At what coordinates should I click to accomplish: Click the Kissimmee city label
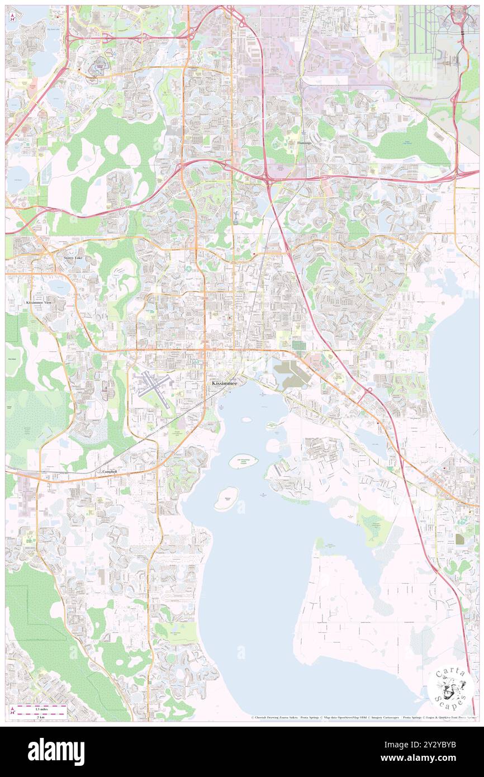pyautogui.click(x=225, y=383)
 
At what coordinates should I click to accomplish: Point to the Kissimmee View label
pyautogui.click(x=39, y=302)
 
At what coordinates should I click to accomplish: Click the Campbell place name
pyautogui.click(x=110, y=472)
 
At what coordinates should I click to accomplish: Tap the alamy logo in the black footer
pyautogui.click(x=56, y=751)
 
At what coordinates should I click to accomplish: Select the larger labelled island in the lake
pyautogui.click(x=244, y=461)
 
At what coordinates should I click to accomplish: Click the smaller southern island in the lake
pyautogui.click(x=227, y=498)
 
